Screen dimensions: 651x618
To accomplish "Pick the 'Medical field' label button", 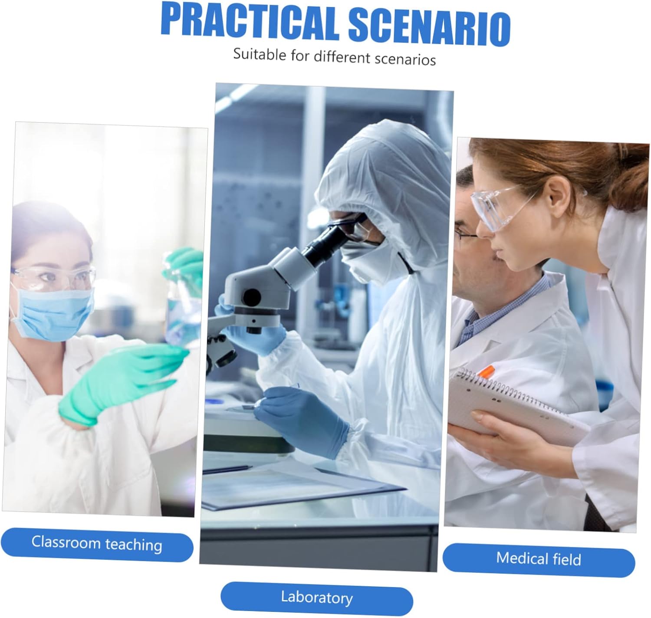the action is click(x=539, y=559).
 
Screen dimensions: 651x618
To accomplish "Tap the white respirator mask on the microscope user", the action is click(x=371, y=262).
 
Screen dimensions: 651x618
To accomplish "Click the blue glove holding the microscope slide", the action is click(x=301, y=420).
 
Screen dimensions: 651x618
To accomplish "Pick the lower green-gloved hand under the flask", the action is click(x=122, y=381).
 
